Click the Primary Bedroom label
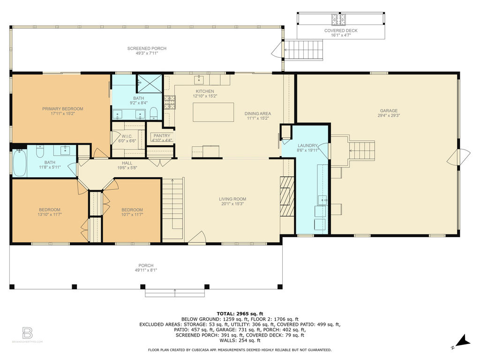(x=63, y=109)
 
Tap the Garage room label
(x=389, y=111)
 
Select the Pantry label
(x=162, y=135)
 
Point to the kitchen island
(x=213, y=112)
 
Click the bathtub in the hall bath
(x=20, y=162)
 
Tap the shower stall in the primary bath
(x=149, y=83)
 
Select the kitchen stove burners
(x=170, y=102)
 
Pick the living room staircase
(x=173, y=208)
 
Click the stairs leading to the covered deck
(x=304, y=50)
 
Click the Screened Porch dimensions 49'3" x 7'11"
(x=147, y=53)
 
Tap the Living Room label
(x=232, y=199)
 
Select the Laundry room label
(x=307, y=146)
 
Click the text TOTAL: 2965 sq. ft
(x=240, y=314)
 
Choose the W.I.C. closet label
(x=127, y=136)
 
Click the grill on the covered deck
(x=339, y=19)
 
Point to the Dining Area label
(x=258, y=113)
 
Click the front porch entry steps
(x=175, y=292)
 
